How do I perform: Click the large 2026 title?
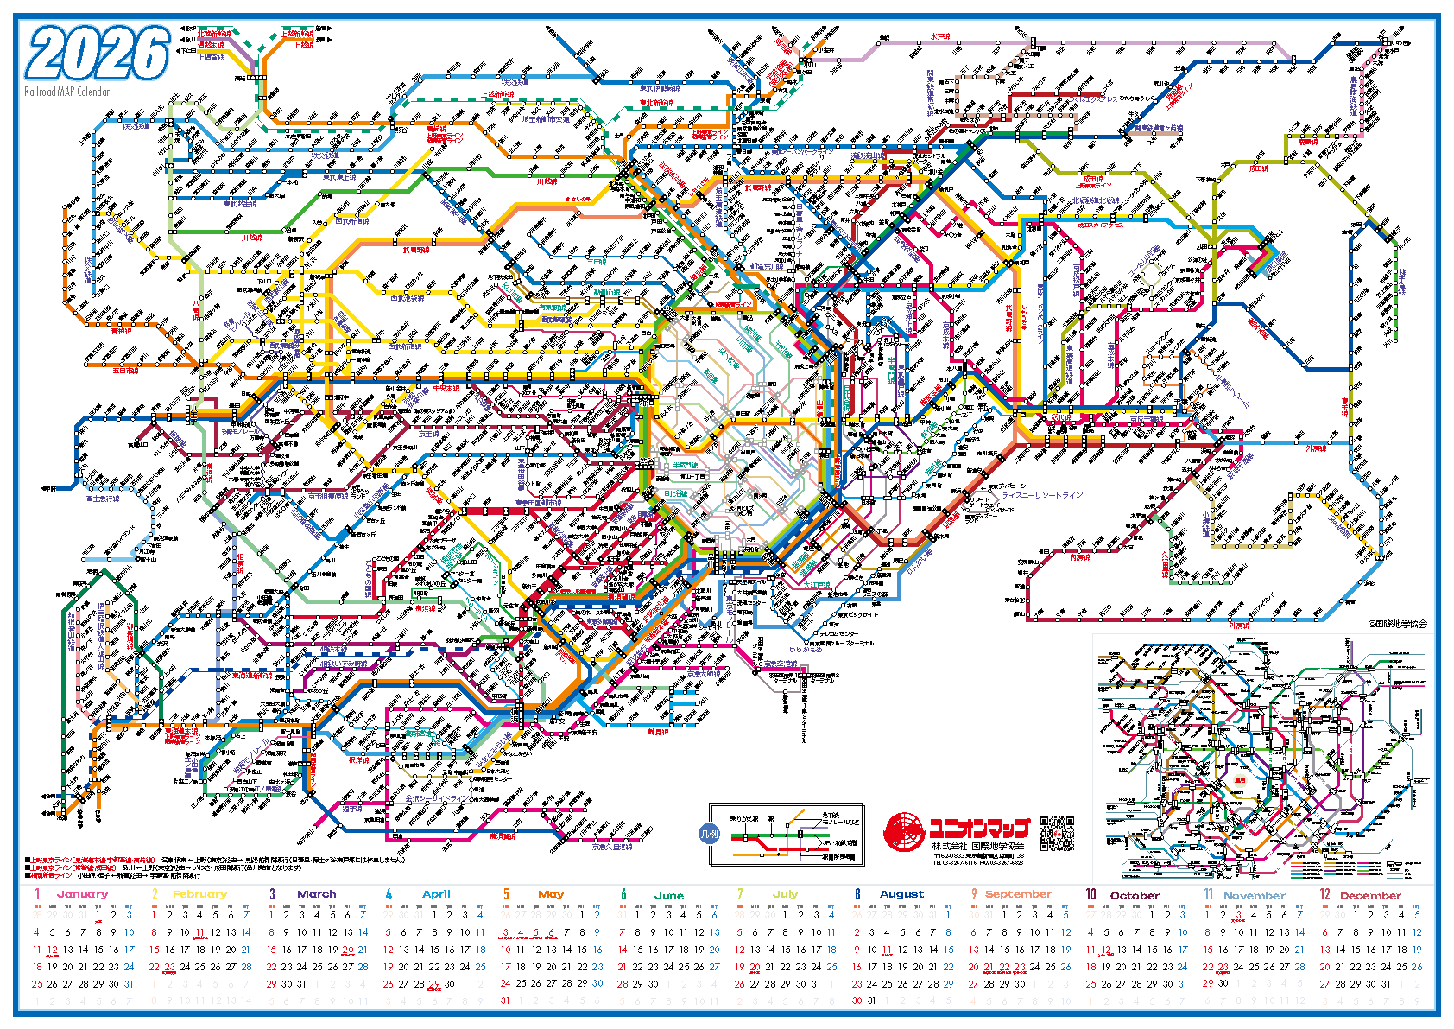pyautogui.click(x=98, y=54)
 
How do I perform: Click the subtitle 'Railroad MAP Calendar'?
pyautogui.click(x=67, y=92)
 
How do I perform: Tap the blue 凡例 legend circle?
pyautogui.click(x=708, y=834)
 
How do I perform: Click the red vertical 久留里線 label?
pyautogui.click(x=1165, y=565)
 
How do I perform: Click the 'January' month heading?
pyautogui.click(x=82, y=894)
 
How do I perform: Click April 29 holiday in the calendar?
pyautogui.click(x=434, y=983)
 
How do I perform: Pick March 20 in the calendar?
pyautogui.click(x=347, y=950)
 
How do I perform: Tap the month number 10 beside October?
pyautogui.click(x=1091, y=894)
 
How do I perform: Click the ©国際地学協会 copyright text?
pyautogui.click(x=1396, y=623)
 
